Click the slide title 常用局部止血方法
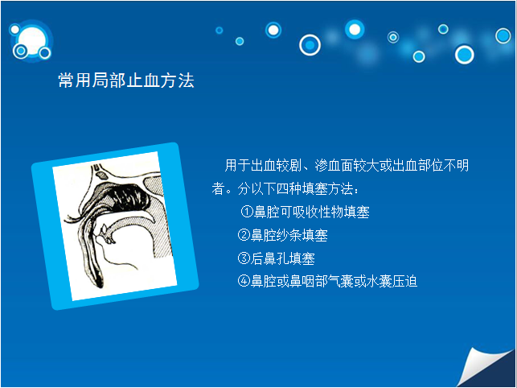[x=126, y=80]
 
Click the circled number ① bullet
[x=247, y=212]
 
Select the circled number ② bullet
[x=244, y=235]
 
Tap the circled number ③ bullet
[x=244, y=258]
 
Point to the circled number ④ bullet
[x=244, y=282]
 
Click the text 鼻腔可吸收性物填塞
[x=311, y=212]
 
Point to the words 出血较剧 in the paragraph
[x=276, y=165]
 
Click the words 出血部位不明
[x=430, y=165]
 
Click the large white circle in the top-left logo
[x=32, y=41]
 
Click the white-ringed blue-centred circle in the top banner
[x=310, y=45]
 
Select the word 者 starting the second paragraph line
[x=218, y=189]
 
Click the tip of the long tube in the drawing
[x=100, y=283]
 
